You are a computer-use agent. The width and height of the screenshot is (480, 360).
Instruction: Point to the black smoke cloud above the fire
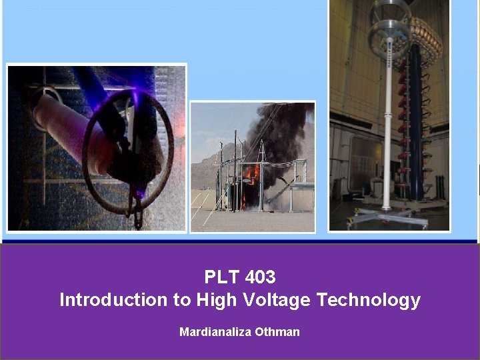(x=280, y=130)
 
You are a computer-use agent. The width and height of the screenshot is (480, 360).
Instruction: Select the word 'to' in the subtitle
(x=181, y=300)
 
